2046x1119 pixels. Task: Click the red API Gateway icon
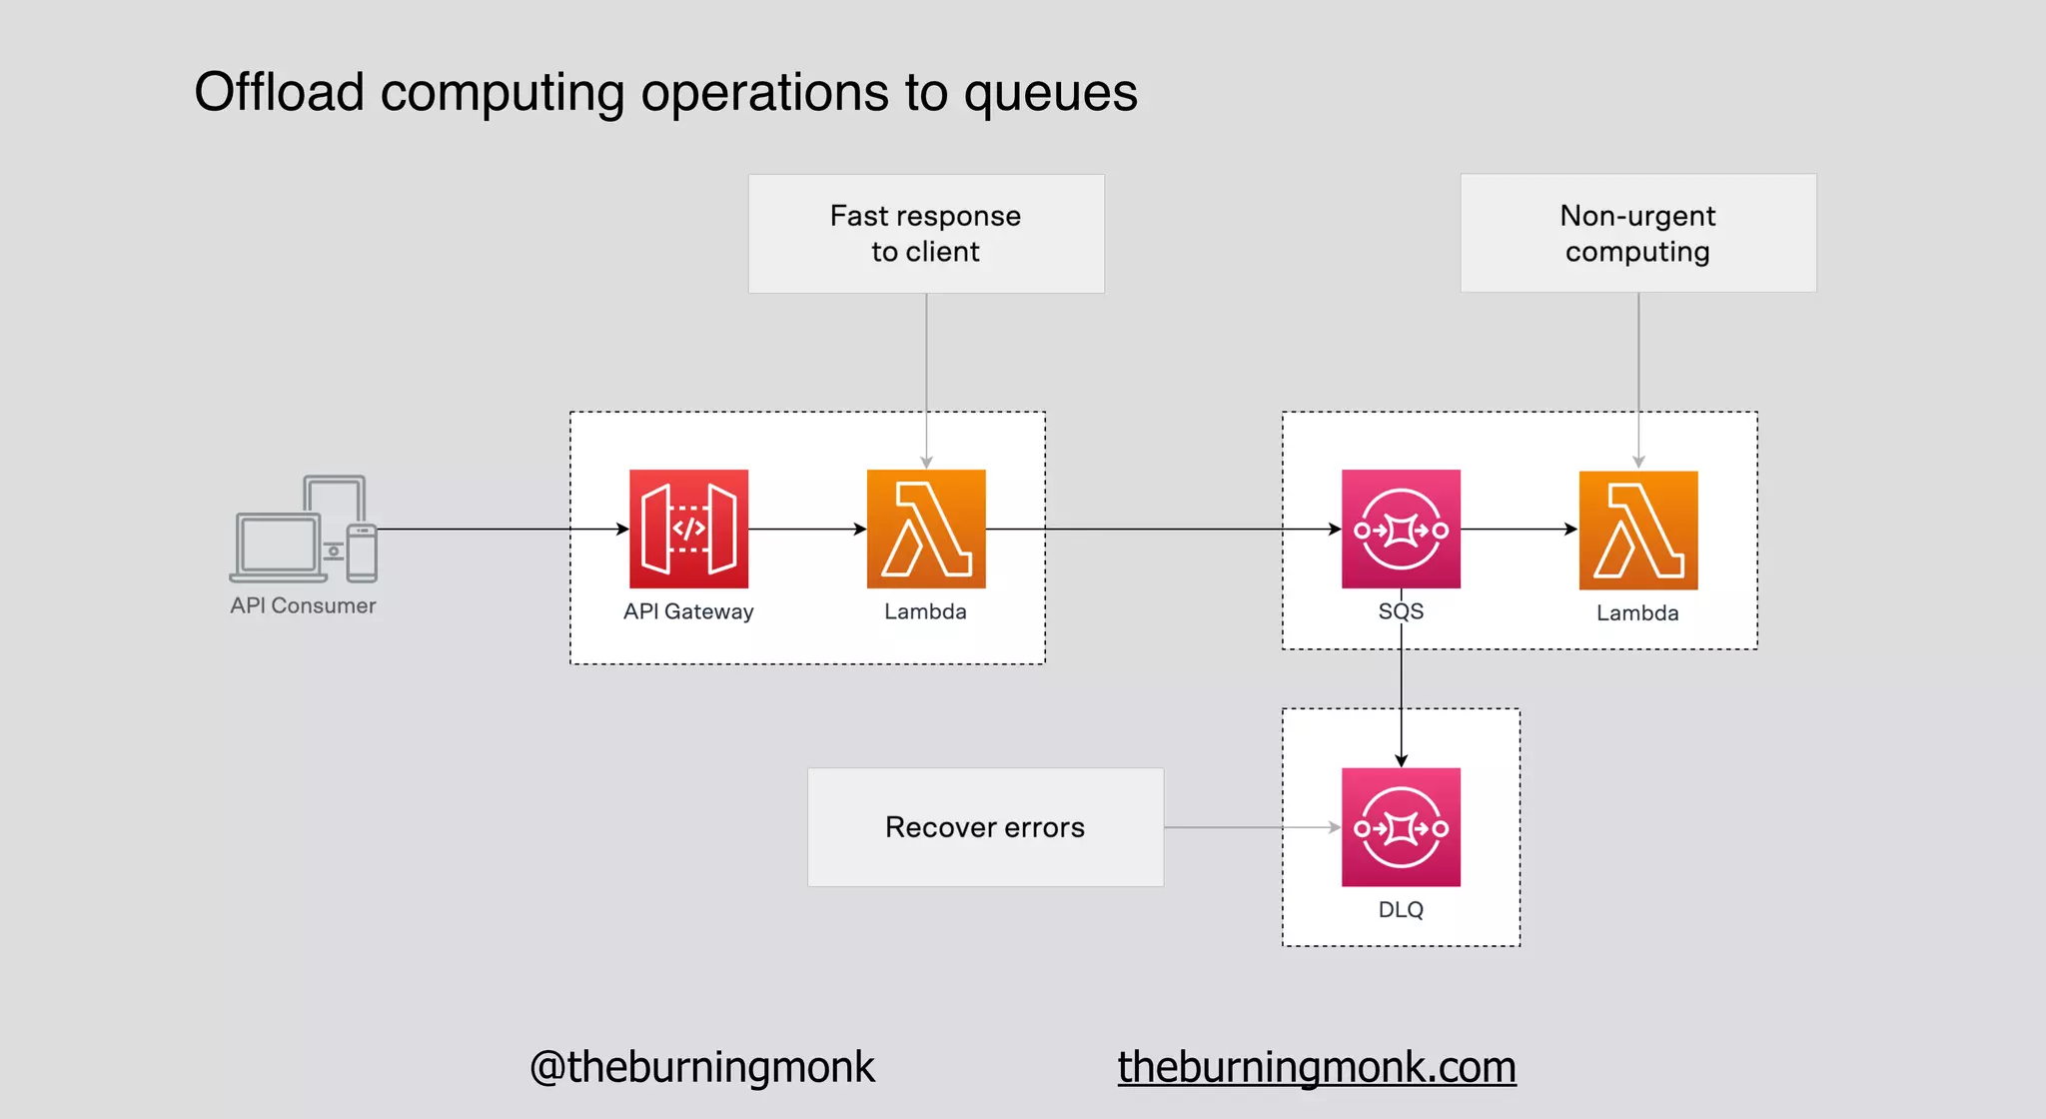click(x=688, y=529)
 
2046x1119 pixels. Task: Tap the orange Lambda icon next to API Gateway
click(x=926, y=529)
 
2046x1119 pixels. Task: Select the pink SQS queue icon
click(x=1401, y=529)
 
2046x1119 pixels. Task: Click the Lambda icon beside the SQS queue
click(x=1637, y=530)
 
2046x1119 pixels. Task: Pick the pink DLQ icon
click(x=1401, y=826)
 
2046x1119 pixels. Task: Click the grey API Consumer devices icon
click(x=304, y=529)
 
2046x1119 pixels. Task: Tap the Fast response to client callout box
click(x=926, y=234)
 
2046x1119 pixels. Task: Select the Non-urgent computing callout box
click(x=1637, y=234)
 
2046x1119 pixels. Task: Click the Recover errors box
click(x=985, y=827)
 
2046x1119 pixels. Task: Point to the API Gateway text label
click(x=688, y=611)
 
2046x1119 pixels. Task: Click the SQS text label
click(x=1401, y=611)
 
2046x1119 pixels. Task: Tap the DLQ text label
click(x=1401, y=909)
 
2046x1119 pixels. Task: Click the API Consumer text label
click(x=303, y=605)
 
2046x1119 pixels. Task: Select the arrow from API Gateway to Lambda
click(x=807, y=529)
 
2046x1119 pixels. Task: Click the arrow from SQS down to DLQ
click(x=1401, y=699)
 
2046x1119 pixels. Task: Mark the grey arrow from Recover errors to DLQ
click(x=1252, y=827)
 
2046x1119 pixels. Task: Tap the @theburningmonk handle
click(x=701, y=1067)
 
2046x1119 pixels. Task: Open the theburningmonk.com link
click(x=1317, y=1067)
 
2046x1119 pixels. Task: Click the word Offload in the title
click(x=280, y=93)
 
